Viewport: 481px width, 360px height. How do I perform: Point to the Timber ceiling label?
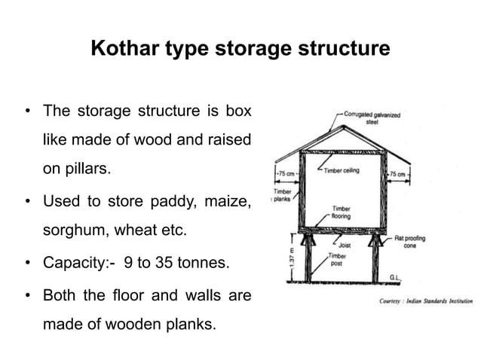341,170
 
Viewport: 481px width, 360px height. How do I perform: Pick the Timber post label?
337,260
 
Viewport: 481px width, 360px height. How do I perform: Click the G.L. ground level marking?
395,277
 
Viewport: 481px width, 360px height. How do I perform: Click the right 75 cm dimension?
397,174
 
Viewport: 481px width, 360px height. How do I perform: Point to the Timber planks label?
282,197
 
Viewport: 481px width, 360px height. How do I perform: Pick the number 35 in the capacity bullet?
171,264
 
